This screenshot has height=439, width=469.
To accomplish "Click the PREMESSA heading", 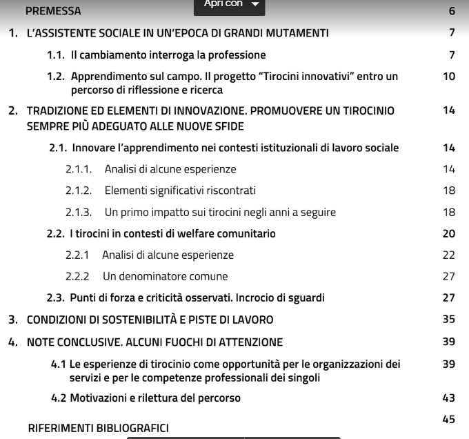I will click(53, 11).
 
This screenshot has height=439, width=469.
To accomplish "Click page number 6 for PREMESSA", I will click(452, 11).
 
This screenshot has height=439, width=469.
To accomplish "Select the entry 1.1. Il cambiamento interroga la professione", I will click(156, 55).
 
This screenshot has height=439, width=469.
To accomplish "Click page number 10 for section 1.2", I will click(449, 77).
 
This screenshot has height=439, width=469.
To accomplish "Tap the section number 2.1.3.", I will click(80, 212).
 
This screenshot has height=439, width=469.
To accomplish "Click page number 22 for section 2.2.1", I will click(449, 255).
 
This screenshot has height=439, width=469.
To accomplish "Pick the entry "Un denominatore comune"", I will click(165, 276).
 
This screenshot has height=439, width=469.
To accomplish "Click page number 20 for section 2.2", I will click(449, 233).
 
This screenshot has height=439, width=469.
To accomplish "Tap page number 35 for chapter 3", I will click(449, 320).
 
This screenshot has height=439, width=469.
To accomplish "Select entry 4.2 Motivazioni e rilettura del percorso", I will click(146, 398).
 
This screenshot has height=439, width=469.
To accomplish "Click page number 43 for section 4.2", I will click(449, 398).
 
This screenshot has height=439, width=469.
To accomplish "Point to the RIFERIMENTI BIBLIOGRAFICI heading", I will click(98, 428).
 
